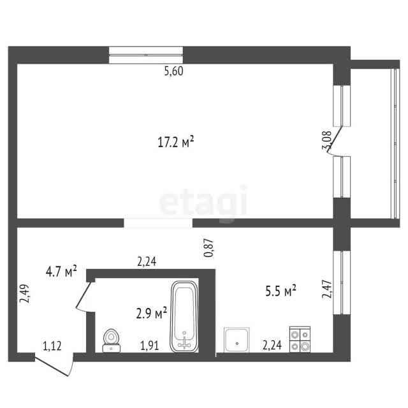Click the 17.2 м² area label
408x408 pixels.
pos(176,142)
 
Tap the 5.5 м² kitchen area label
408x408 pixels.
pos(280,291)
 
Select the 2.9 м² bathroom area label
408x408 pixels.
pos(152,312)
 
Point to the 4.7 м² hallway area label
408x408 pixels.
pos(61,272)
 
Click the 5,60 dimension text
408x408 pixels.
pos(174,71)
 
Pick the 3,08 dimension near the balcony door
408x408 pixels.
pos(327,140)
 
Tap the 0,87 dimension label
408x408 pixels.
pos(208,248)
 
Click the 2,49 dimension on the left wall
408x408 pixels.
pos(25,293)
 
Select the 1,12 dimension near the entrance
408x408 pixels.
pos(52,346)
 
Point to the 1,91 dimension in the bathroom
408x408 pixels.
pos(149,346)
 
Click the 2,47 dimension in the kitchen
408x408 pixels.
pos(327,289)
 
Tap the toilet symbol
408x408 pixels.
pos(112,340)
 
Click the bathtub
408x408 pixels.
pos(184,317)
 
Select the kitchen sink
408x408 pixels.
pos(237,340)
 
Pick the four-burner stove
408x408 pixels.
pos(300,339)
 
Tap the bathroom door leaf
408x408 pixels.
pos(84,295)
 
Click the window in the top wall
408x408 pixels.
pos(146,55)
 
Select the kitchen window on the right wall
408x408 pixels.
pos(342,282)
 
